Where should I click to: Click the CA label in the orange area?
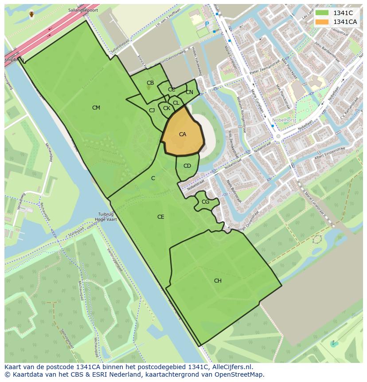pos(183,134)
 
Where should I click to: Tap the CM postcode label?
pos(96,108)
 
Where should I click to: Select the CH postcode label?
pos(218,281)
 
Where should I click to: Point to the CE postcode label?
pos(161,217)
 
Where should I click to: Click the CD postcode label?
pos(187,166)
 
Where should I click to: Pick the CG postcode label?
pos(205,202)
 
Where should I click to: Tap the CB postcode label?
pos(150,83)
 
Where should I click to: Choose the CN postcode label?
pos(189,92)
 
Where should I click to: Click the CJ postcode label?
pos(152,110)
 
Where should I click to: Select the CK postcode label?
pos(167,108)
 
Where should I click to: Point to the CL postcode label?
pos(176,103)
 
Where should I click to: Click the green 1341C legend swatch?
pos(322,13)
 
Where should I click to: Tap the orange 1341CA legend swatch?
pos(322,22)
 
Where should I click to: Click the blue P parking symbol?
pos(207,24)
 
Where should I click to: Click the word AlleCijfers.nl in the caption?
pos(230,367)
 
